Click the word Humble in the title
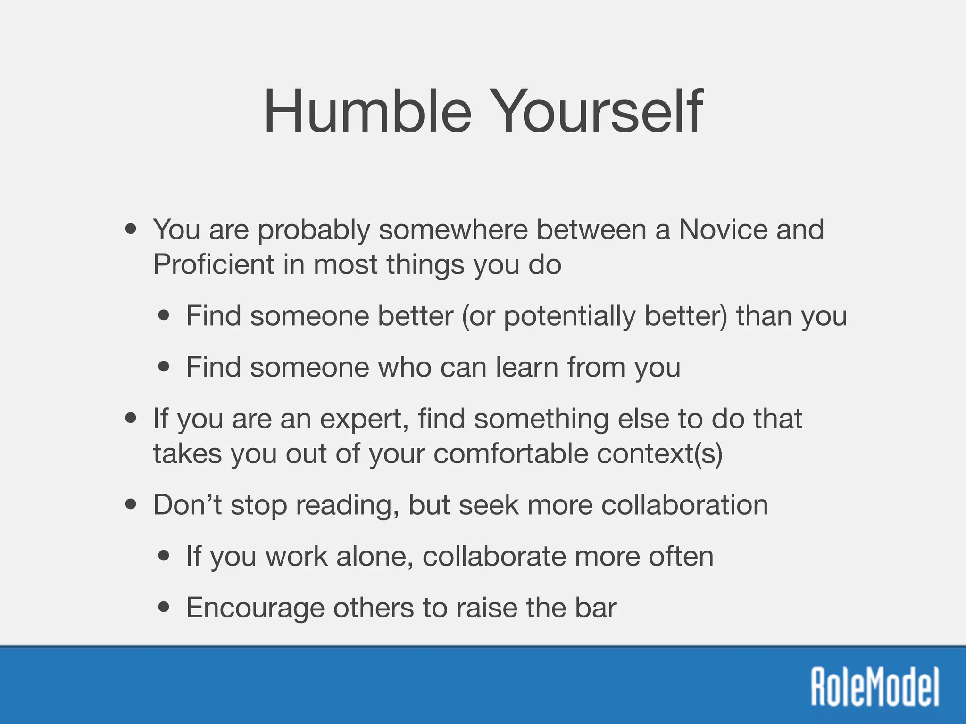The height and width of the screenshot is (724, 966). (x=367, y=112)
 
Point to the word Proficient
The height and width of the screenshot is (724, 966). (x=213, y=264)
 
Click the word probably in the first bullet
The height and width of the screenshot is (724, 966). (x=313, y=230)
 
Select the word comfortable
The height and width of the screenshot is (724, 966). (x=510, y=454)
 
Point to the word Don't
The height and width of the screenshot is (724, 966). (x=187, y=505)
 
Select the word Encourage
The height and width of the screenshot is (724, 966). (x=255, y=608)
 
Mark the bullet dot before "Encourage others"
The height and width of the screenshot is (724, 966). (x=164, y=608)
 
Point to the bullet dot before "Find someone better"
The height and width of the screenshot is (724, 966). (x=164, y=315)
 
